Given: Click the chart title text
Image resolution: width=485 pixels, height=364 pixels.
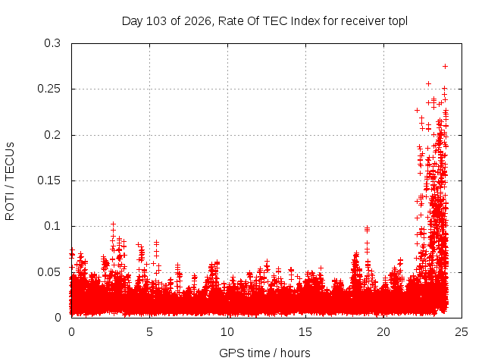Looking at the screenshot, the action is pyautogui.click(x=264, y=21).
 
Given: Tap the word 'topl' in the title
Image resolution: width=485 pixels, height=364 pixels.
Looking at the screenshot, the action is pyautogui.click(x=397, y=21).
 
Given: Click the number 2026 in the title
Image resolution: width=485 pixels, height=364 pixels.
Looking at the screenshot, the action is pyautogui.click(x=198, y=21).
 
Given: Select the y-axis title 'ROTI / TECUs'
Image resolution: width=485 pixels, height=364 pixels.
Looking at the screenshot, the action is pyautogui.click(x=10, y=181).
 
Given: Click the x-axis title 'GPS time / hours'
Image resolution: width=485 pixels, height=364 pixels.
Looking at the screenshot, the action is pyautogui.click(x=264, y=353).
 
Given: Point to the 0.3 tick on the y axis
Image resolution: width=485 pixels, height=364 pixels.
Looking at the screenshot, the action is pyautogui.click(x=52, y=43).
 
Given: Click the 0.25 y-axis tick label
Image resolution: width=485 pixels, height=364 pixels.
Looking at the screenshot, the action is pyautogui.click(x=48, y=89).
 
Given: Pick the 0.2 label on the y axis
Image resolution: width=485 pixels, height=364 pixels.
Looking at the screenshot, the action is pyautogui.click(x=52, y=135).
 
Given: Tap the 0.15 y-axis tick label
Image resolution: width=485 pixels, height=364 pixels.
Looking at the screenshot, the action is pyautogui.click(x=48, y=180).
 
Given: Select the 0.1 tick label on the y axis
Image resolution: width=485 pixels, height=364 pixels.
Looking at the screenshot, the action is pyautogui.click(x=52, y=226).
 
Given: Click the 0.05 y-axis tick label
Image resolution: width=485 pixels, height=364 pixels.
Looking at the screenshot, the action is pyautogui.click(x=48, y=272).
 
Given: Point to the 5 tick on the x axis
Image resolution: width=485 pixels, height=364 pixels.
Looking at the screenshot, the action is pyautogui.click(x=150, y=332).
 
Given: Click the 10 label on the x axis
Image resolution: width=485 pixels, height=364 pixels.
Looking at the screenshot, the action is pyautogui.click(x=227, y=332).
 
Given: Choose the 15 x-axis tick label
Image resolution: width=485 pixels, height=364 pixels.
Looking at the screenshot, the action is pyautogui.click(x=305, y=332).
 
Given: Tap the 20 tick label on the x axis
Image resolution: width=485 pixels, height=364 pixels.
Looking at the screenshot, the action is pyautogui.click(x=383, y=332).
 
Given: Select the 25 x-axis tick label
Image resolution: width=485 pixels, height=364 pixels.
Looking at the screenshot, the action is pyautogui.click(x=462, y=332).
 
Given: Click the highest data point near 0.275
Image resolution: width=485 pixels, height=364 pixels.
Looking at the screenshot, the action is pyautogui.click(x=445, y=66).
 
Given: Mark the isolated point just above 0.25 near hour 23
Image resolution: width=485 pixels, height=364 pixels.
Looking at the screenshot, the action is pyautogui.click(x=428, y=83).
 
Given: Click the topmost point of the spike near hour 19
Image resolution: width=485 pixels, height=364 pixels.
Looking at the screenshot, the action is pyautogui.click(x=367, y=228).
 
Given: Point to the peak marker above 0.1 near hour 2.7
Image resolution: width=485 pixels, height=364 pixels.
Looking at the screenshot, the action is pyautogui.click(x=113, y=224).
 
